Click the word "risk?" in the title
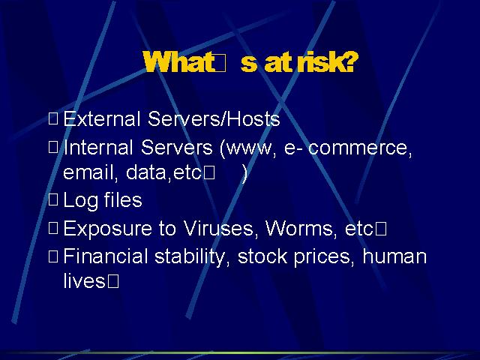click(326, 61)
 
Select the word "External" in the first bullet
click(102, 118)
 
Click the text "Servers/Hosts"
click(214, 118)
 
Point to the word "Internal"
click(98, 147)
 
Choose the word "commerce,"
click(360, 148)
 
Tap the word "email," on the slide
click(91, 172)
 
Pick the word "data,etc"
click(163, 172)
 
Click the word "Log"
click(80, 201)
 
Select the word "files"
click(123, 199)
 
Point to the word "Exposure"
click(107, 229)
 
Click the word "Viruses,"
click(218, 228)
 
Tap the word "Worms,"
click(301, 228)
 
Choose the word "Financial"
click(106, 256)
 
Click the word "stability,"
click(192, 257)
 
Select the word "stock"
click(262, 256)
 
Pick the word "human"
click(394, 256)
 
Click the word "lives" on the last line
click(84, 280)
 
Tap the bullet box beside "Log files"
click(53, 200)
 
